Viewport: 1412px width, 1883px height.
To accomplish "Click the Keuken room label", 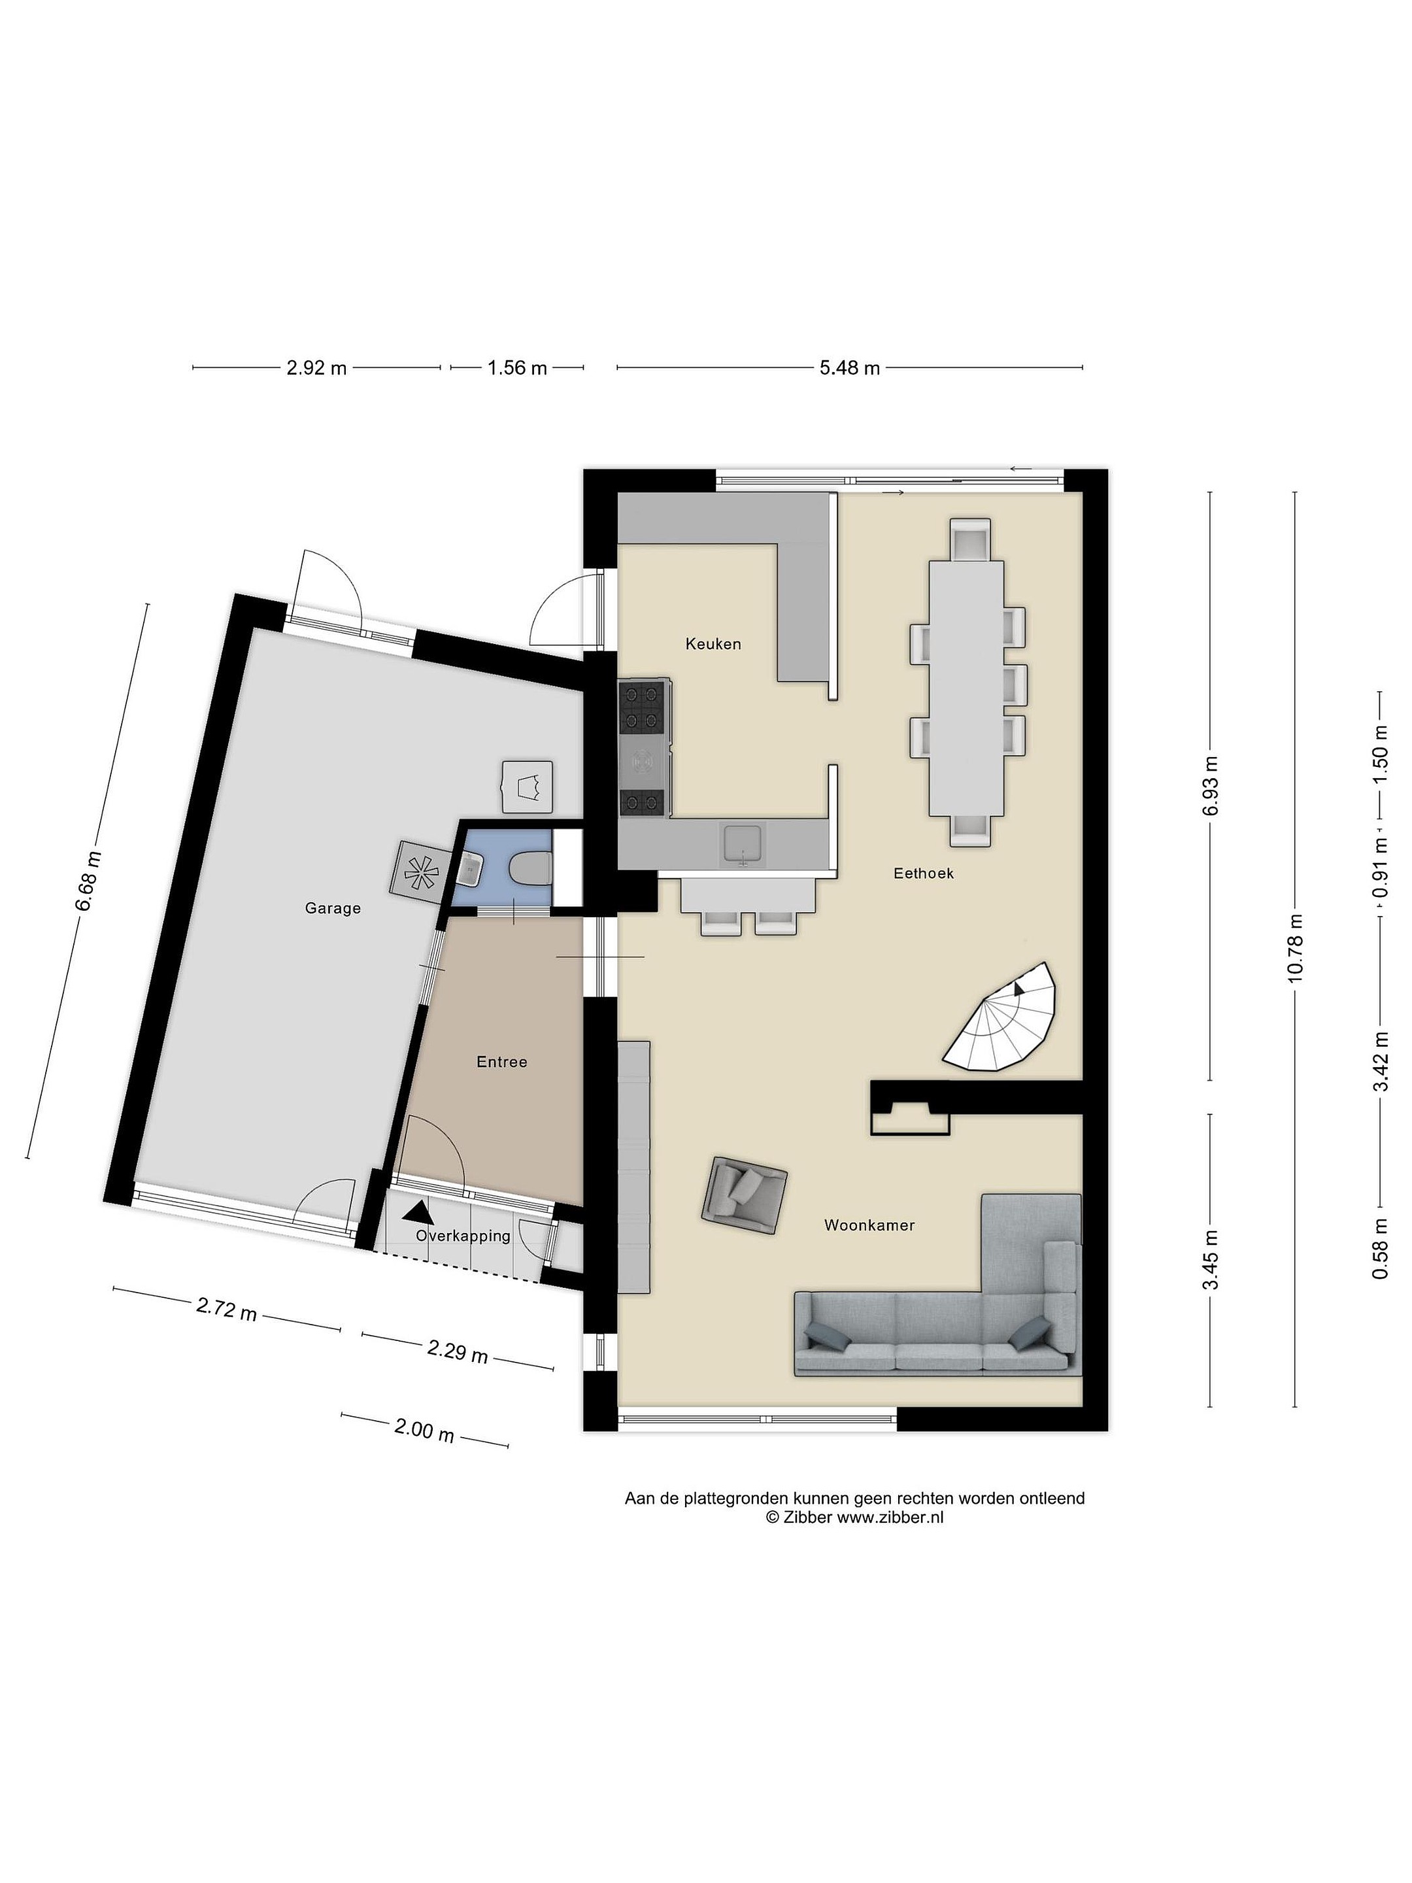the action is tap(713, 645).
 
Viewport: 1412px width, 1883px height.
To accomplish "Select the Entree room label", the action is tap(501, 1062).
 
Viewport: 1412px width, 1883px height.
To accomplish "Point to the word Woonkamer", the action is tap(869, 1225).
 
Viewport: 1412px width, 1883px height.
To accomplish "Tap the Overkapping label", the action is tap(463, 1236).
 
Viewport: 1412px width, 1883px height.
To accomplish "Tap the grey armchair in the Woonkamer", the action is tap(744, 1195).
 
